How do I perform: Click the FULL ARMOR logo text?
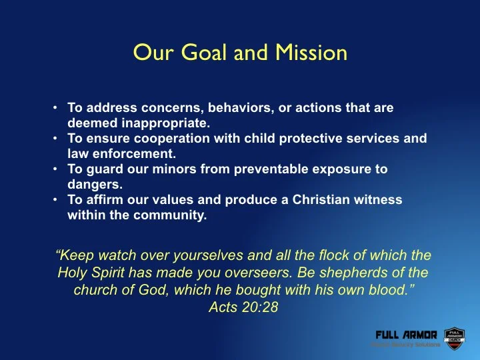point(406,335)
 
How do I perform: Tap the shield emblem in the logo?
point(453,337)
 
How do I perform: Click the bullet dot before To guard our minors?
point(57,169)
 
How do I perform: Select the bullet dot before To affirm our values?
point(57,200)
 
